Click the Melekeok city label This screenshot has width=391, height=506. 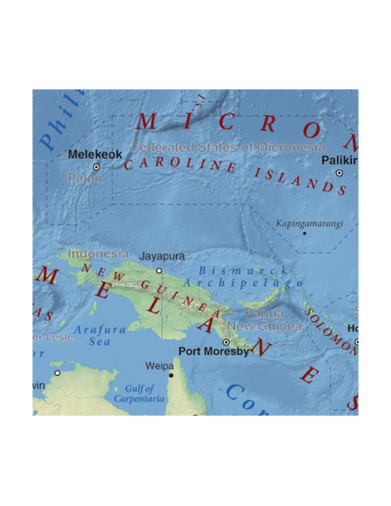96,154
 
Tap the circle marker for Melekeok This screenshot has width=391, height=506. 96,167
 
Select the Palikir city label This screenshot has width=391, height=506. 340,159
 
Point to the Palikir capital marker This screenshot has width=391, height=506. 339,173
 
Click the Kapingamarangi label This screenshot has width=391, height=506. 308,222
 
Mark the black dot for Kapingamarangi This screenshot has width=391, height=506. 304,233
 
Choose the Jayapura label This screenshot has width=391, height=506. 161,256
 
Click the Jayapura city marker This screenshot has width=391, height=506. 159,270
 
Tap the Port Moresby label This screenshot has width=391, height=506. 213,350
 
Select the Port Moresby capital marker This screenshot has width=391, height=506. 226,342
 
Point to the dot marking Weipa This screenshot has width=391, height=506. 170,375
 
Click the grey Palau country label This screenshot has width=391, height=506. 85,178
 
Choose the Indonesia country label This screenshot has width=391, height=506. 91,253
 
